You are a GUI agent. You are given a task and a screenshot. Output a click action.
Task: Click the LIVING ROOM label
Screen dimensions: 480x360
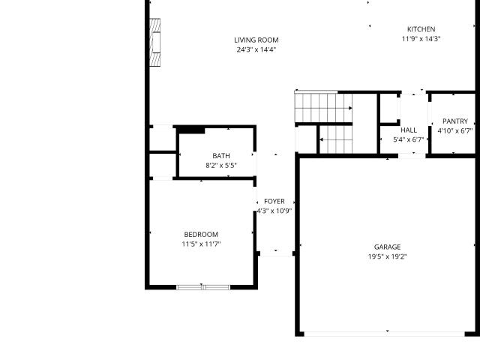(256, 40)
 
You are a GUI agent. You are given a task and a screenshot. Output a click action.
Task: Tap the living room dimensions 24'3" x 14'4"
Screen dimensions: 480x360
(256, 49)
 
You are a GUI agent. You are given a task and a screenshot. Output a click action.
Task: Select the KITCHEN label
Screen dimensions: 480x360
(421, 29)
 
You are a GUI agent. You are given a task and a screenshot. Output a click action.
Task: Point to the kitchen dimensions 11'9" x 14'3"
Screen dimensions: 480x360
(421, 39)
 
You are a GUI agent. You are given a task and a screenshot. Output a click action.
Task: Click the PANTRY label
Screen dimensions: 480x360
(455, 121)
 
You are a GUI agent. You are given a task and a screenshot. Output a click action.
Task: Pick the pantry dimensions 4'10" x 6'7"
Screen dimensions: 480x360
(455, 131)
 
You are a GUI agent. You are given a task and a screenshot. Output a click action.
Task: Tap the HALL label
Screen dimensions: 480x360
(409, 130)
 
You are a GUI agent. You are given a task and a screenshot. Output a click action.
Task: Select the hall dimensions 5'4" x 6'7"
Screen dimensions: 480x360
(409, 140)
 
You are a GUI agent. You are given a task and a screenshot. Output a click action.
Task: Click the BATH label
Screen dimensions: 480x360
(221, 156)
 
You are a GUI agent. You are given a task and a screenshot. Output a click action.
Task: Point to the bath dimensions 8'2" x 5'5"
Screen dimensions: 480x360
(221, 166)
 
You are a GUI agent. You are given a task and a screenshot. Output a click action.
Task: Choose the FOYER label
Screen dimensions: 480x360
(274, 202)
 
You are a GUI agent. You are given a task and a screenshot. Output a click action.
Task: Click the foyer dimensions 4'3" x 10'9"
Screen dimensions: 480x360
(274, 211)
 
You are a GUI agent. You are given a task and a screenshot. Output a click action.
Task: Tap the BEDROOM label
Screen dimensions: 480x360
(201, 235)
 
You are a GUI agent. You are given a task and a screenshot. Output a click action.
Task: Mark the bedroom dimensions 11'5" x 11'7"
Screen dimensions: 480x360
(201, 244)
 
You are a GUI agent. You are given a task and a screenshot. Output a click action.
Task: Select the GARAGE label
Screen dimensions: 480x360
(387, 247)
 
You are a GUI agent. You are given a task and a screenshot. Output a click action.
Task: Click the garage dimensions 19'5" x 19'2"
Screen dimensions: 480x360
(387, 256)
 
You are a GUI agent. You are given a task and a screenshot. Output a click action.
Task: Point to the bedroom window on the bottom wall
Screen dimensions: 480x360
(203, 287)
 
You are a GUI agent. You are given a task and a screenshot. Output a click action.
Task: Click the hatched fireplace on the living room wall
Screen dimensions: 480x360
(155, 43)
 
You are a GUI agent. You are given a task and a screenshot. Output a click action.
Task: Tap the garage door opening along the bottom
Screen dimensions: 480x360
(384, 334)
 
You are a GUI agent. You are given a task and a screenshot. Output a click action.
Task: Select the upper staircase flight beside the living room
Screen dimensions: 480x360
(323, 108)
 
